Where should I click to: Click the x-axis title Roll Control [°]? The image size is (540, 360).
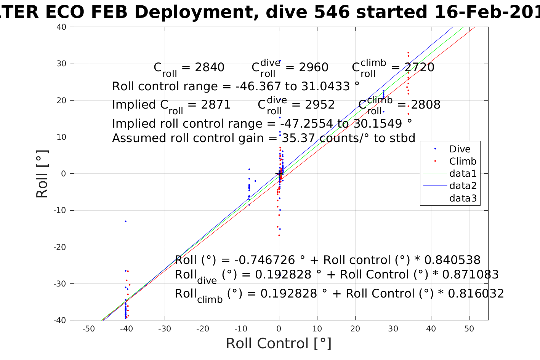(x=279, y=343)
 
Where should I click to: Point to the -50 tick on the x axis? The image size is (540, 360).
(x=88, y=328)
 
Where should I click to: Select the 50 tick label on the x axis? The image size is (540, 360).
(x=469, y=328)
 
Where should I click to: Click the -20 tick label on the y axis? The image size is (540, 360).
(x=60, y=247)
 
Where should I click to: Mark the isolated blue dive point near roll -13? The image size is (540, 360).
(x=125, y=221)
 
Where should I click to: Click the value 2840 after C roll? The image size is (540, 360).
(x=209, y=67)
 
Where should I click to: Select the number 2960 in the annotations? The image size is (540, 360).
(x=313, y=67)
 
